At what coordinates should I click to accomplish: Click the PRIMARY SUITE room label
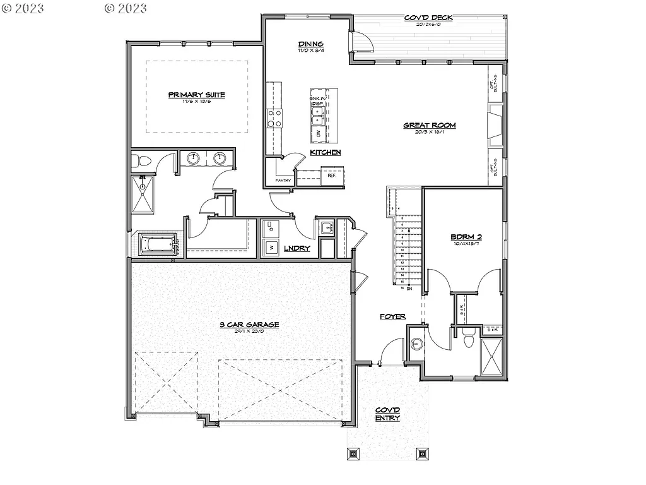coord(196,95)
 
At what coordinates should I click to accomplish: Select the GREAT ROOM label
coord(429,126)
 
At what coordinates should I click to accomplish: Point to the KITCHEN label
coord(326,152)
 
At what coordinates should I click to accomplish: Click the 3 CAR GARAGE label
coord(249,325)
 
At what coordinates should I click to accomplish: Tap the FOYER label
coord(392,316)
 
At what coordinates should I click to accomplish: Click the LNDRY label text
coord(297,248)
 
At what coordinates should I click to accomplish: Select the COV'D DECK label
coord(428,18)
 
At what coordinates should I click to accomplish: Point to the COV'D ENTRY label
coord(387,414)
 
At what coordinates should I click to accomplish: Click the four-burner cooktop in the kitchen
coord(275,118)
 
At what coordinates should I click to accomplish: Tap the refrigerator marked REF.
coord(332,176)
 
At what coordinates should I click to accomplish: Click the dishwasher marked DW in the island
coord(319,133)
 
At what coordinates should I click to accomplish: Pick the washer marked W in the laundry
coord(272,246)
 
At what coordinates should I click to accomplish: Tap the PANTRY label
coord(283,181)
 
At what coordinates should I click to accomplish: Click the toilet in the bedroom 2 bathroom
coord(468,340)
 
